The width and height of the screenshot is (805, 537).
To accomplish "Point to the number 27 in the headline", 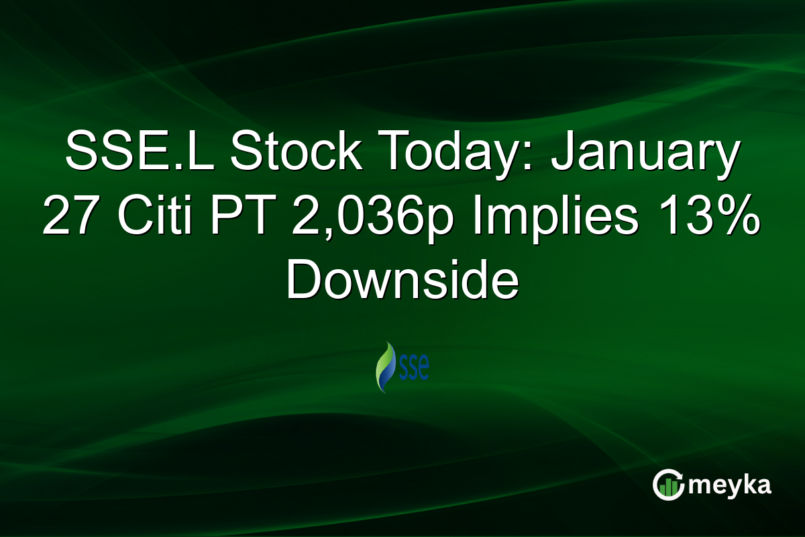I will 69,218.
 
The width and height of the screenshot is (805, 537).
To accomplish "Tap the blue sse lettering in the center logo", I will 413,370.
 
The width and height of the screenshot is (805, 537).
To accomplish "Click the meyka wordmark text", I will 731,484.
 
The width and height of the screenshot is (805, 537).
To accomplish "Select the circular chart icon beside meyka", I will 667,484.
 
